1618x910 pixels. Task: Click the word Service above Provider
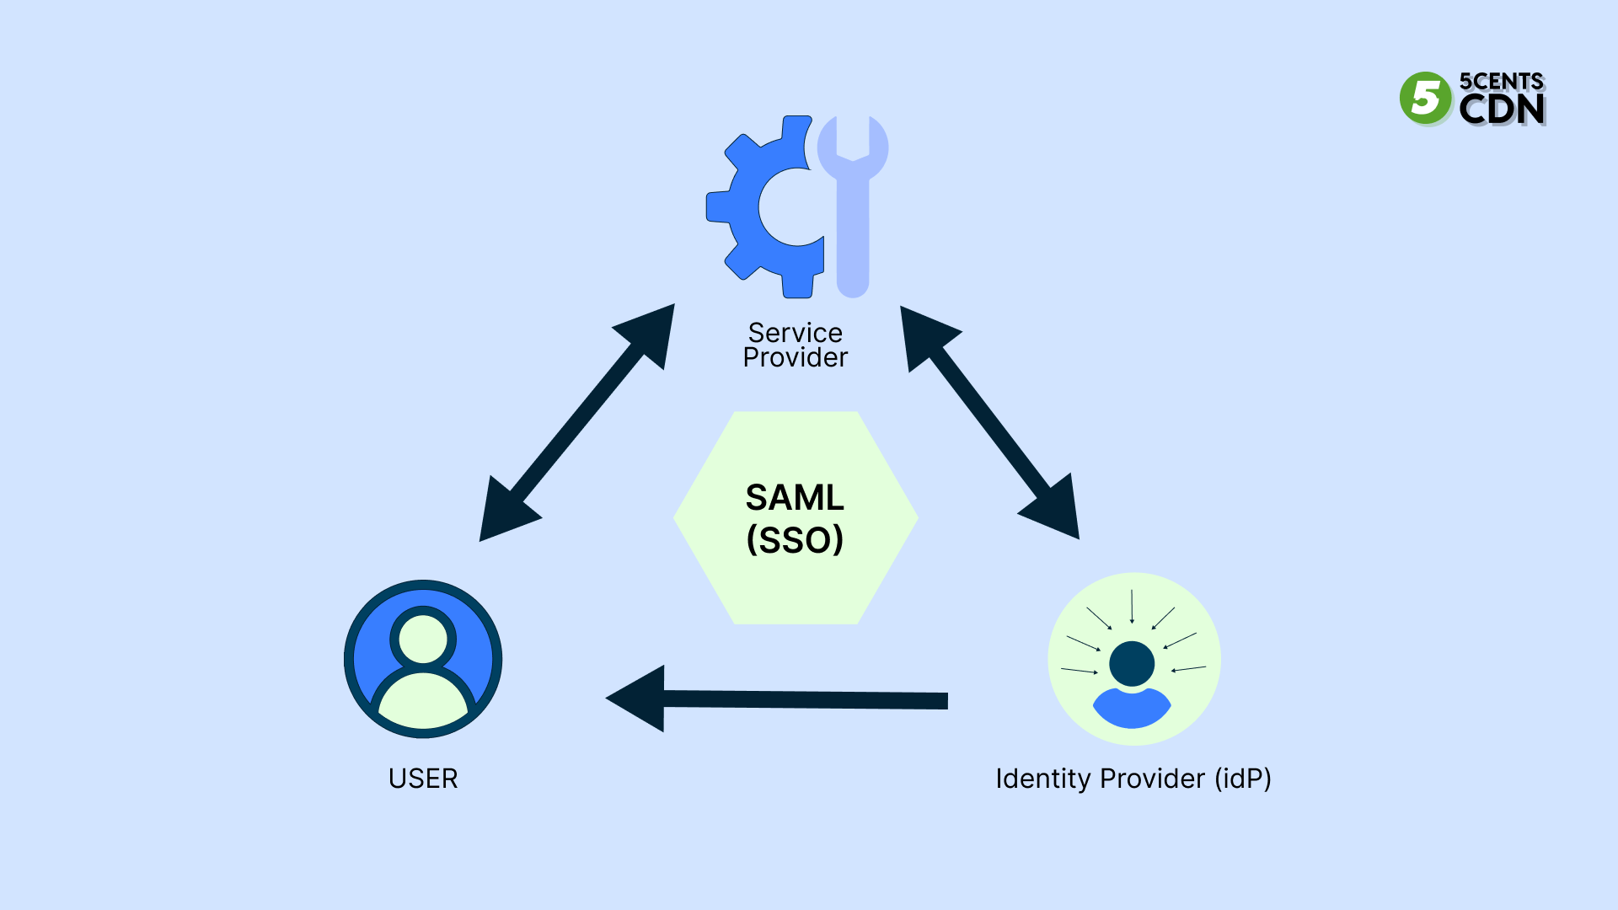[795, 333]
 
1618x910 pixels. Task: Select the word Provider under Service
[795, 358]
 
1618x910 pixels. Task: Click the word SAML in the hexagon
[795, 497]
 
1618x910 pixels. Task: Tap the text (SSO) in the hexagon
[795, 540]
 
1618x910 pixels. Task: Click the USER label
[423, 779]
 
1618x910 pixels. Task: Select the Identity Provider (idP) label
[1133, 779]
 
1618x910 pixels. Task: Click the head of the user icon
[423, 639]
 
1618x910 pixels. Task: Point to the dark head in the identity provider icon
[1132, 664]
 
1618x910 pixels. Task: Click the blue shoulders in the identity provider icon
[1132, 709]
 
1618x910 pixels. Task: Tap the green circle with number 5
[1425, 99]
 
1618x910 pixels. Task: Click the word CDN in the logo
[1502, 110]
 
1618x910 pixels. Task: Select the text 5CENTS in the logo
[1502, 82]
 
